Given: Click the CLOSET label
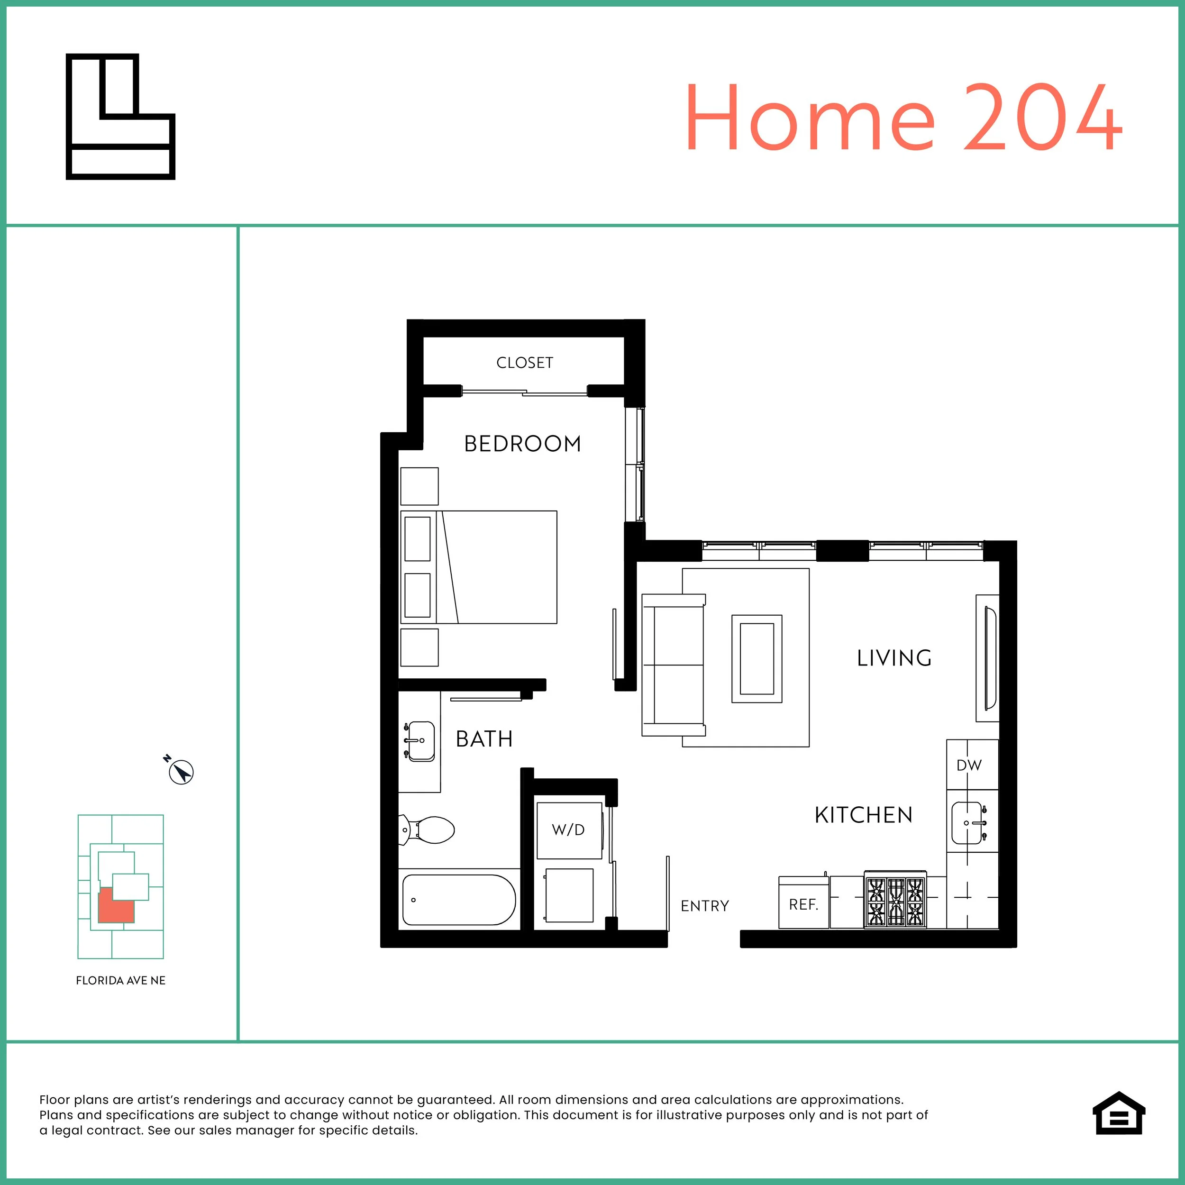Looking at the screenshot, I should (524, 363).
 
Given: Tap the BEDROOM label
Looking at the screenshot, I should (522, 444).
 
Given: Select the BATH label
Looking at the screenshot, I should (484, 739).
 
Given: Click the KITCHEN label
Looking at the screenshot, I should (864, 815).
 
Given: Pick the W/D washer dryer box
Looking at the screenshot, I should (569, 830).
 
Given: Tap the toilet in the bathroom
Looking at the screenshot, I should (429, 830).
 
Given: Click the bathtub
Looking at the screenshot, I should (459, 900).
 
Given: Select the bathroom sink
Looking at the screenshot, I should (419, 741).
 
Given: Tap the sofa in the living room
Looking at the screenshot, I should (673, 665).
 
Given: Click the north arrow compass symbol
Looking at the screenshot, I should (181, 772).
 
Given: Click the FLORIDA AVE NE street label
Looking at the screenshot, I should (120, 980).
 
